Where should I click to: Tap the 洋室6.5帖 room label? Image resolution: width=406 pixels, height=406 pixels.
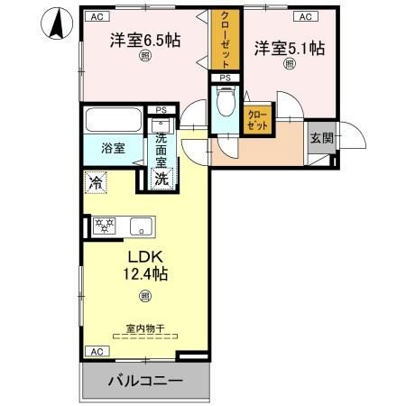pyautogui.click(x=145, y=40)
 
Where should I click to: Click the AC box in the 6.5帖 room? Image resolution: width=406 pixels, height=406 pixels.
pyautogui.click(x=94, y=16)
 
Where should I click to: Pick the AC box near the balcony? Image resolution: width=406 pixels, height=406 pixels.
pyautogui.click(x=94, y=350)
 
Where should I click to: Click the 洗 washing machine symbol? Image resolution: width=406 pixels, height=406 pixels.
pyautogui.click(x=161, y=178)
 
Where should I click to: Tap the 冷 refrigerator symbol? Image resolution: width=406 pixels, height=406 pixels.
pyautogui.click(x=96, y=183)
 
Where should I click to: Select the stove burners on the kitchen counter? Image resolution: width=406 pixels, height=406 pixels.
pyautogui.click(x=105, y=225)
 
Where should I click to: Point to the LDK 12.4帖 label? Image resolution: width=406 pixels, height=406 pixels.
pyautogui.click(x=144, y=263)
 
